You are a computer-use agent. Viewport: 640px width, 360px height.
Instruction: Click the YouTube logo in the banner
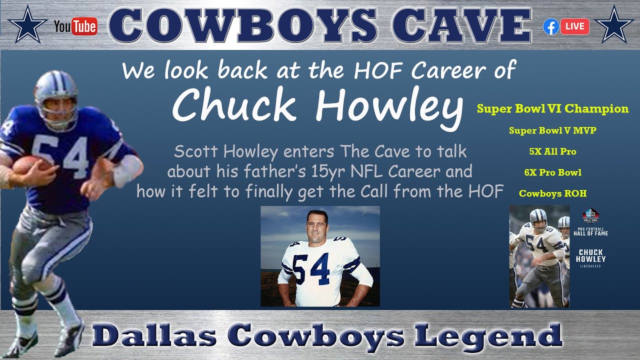75,26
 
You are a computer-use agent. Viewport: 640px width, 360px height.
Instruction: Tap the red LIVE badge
575,26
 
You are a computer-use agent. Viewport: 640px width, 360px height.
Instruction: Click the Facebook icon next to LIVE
551,26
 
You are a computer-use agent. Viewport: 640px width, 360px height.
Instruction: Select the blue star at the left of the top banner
27,24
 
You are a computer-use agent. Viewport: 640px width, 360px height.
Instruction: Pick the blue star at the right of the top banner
614,24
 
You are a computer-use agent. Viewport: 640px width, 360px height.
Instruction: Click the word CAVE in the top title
462,25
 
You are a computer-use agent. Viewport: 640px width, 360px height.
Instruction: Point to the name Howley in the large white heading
389,106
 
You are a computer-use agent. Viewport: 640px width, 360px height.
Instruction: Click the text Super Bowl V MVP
552,130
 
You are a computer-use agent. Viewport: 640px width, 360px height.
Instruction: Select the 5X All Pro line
552,151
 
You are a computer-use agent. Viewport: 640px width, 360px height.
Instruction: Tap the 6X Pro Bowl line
552,172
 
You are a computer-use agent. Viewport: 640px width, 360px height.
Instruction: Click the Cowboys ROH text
552,193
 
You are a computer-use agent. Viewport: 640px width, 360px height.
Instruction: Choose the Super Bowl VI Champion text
552,109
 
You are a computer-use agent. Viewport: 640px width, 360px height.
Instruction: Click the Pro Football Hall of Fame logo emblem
590,215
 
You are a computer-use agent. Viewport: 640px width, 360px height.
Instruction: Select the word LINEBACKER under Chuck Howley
590,266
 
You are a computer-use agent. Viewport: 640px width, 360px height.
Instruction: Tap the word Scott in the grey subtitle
197,151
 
